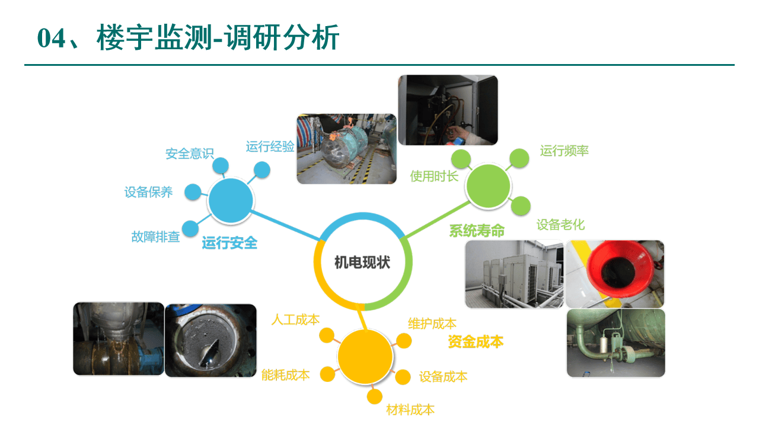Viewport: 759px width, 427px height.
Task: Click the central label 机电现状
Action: coord(362,262)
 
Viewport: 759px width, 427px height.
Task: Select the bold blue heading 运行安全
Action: coord(229,243)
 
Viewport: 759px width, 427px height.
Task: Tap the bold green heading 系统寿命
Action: coord(476,231)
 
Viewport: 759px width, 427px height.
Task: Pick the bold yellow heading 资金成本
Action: coord(475,342)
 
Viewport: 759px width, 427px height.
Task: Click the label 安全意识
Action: coord(189,154)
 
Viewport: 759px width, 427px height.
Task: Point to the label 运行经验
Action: coord(270,146)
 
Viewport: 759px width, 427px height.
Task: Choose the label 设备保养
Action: coord(148,192)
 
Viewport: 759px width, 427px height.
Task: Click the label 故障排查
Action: coord(155,237)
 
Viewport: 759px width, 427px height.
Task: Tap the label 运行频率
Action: coord(564,151)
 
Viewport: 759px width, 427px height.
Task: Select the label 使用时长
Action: coord(434,176)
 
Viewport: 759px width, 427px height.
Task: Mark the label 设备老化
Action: coord(560,225)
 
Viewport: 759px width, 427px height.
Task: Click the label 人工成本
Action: coord(295,320)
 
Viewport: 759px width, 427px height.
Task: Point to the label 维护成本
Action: coord(432,323)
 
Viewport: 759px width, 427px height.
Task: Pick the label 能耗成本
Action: coord(285,375)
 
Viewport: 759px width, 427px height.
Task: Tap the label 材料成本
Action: coord(410,409)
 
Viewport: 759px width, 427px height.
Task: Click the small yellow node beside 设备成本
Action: coord(403,377)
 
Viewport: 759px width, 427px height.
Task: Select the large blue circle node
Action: coord(231,200)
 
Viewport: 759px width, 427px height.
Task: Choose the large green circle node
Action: coord(489,186)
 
